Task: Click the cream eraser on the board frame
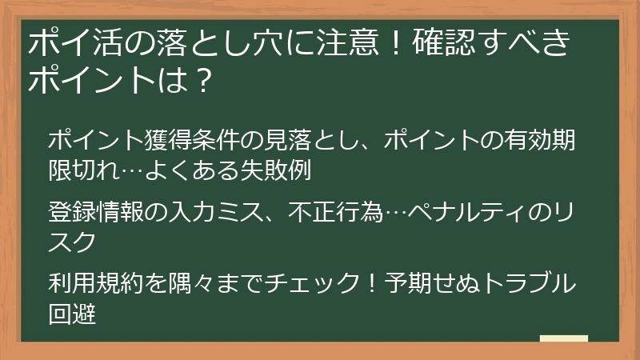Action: coord(563,339)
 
